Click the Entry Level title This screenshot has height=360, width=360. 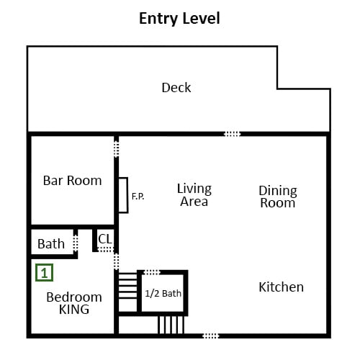[179, 19]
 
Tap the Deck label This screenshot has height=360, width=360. [176, 88]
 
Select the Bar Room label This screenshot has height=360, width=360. [72, 181]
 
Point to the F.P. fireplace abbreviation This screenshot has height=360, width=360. [138, 197]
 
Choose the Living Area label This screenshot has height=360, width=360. [194, 195]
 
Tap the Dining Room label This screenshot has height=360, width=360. [278, 197]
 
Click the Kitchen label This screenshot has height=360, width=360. [281, 287]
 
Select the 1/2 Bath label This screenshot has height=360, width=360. [163, 293]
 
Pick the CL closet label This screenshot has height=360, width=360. [105, 239]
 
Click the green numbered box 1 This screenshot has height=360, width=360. [44, 272]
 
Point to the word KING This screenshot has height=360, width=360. [74, 310]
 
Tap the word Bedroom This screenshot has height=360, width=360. [74, 297]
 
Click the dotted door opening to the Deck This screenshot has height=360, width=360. [232, 134]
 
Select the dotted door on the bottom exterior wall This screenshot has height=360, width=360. [211, 336]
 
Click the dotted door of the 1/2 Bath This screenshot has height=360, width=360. [152, 272]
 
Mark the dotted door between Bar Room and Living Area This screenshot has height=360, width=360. [116, 149]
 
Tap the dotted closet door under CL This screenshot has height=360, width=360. [105, 250]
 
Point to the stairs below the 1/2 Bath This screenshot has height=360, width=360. [171, 325]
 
